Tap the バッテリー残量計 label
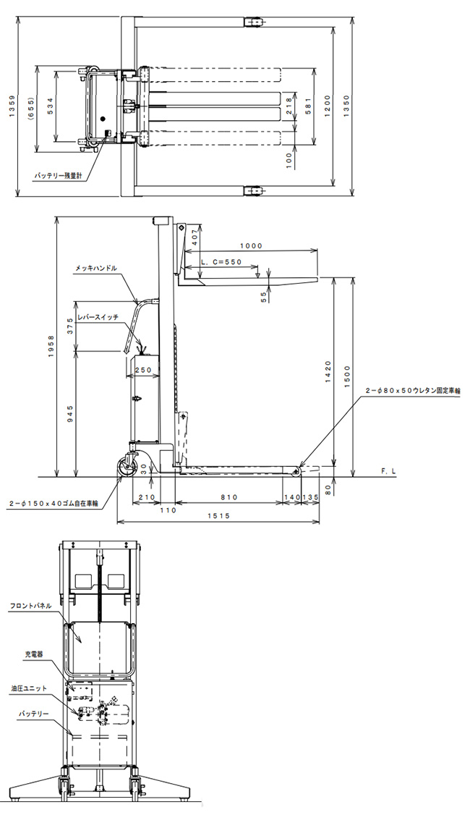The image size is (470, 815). click(x=59, y=176)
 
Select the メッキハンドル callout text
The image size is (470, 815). click(x=95, y=269)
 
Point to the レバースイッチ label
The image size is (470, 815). click(x=98, y=316)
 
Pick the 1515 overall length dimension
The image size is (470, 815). click(x=218, y=515)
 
